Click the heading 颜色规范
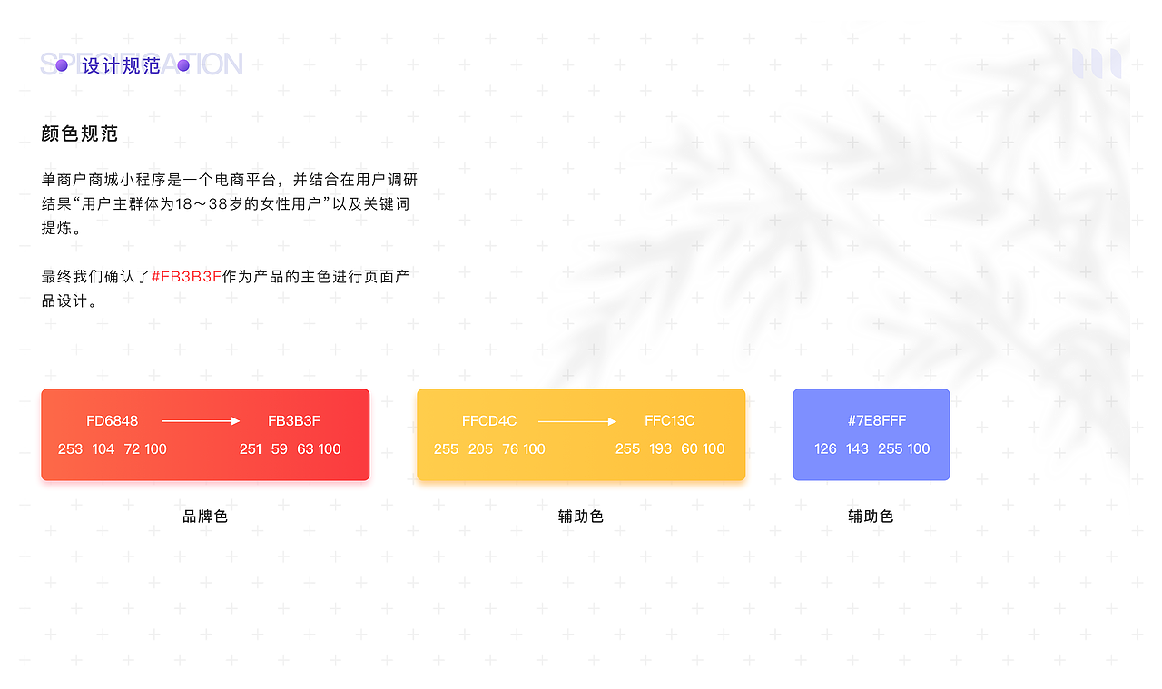click(80, 133)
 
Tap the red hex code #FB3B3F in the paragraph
click(186, 276)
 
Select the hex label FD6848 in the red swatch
click(113, 420)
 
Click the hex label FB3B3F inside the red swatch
click(294, 420)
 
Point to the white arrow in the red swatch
click(200, 421)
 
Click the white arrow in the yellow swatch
click(576, 421)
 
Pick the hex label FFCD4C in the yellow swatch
click(489, 420)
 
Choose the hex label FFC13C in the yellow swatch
click(670, 420)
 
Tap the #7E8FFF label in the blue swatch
click(877, 420)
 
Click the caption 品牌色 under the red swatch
click(205, 517)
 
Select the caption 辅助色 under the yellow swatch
click(581, 517)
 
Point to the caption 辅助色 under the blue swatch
click(871, 517)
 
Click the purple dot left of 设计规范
click(62, 65)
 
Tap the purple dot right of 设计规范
click(182, 65)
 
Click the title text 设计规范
click(122, 65)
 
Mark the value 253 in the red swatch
click(70, 448)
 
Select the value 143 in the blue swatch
click(857, 448)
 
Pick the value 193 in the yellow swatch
click(660, 448)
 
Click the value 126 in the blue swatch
click(825, 448)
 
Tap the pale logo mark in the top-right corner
click(1097, 64)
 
